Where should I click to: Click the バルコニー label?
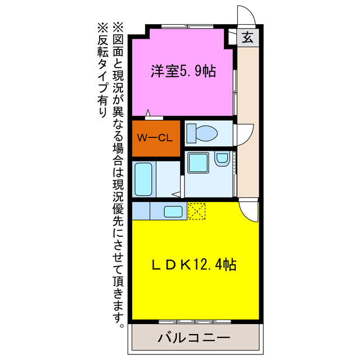pos(194,339)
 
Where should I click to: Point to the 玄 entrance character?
pos(247,38)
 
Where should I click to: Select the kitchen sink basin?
pos(173,211)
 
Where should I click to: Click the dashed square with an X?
pos(196,211)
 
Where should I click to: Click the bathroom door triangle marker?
pos(177,194)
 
